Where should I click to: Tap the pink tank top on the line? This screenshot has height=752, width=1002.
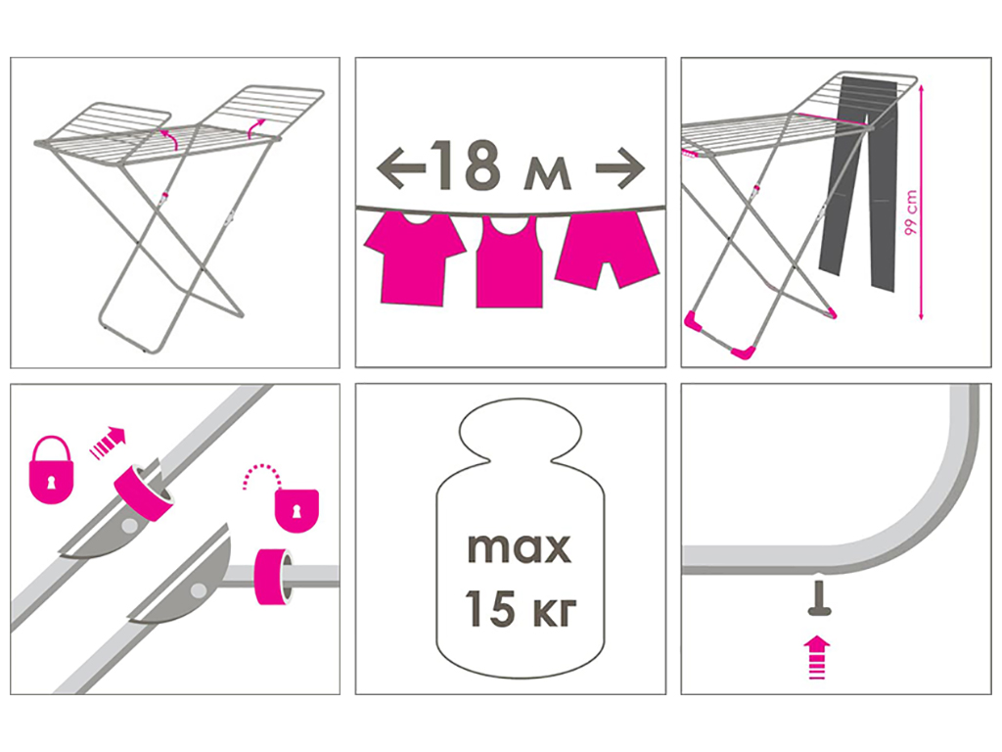[510, 262]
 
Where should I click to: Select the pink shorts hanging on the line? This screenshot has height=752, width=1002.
[607, 251]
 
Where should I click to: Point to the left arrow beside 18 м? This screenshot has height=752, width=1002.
[400, 168]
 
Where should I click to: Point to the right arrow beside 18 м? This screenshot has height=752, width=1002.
[619, 168]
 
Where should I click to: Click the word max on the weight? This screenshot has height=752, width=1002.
[519, 548]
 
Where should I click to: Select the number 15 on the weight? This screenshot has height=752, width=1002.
[490, 608]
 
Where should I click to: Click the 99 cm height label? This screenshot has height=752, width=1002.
[910, 212]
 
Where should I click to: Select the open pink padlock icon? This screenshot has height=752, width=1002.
[295, 500]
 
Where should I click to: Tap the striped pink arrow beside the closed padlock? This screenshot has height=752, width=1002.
[108, 444]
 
